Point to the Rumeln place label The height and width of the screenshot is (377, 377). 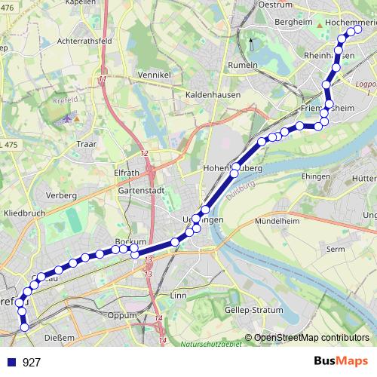click(242, 65)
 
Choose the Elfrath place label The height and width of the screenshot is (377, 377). click(127, 171)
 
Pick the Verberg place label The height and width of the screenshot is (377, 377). click(62, 195)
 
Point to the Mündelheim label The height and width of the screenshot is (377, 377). click(278, 222)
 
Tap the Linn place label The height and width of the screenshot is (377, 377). click(179, 296)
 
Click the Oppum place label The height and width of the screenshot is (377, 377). click(121, 315)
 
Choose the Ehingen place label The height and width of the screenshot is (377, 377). click(315, 175)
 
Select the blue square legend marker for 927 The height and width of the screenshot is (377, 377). click(11, 362)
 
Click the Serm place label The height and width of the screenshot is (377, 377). click(336, 248)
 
